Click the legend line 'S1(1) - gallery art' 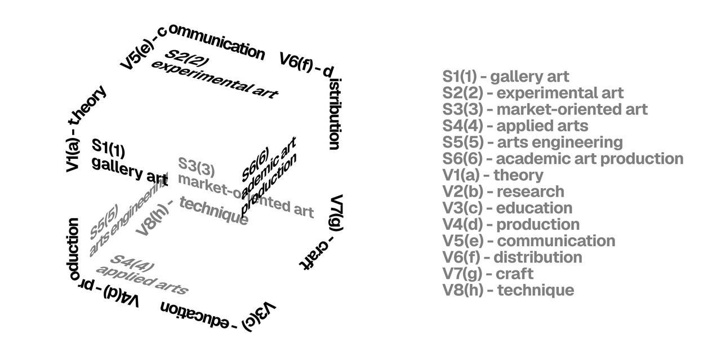506,77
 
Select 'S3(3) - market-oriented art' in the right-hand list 545,109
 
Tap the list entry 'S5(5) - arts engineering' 532,142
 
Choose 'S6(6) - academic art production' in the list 563,159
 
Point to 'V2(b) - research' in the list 503,192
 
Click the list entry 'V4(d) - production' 511,224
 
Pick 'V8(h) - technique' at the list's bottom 508,290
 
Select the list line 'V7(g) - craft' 488,274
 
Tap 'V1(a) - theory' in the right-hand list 493,175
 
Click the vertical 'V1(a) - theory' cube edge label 84,129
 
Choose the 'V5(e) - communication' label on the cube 192,46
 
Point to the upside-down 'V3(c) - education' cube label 220,315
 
